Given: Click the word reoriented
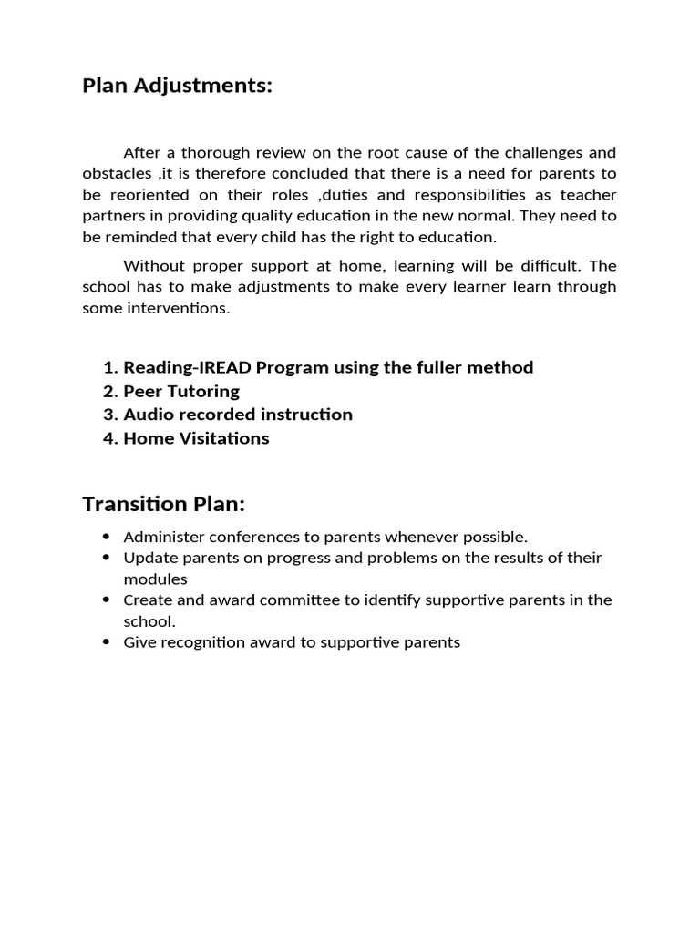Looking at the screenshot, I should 147,194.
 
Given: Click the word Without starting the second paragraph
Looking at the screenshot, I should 153,266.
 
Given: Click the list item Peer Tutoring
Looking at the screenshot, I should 181,391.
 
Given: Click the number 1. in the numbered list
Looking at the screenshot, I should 110,367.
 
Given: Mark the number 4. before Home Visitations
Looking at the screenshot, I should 110,438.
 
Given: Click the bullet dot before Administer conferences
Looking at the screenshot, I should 107,537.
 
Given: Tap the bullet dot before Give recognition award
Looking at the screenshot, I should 107,642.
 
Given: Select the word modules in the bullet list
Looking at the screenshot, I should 155,579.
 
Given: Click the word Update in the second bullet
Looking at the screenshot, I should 148,558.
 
